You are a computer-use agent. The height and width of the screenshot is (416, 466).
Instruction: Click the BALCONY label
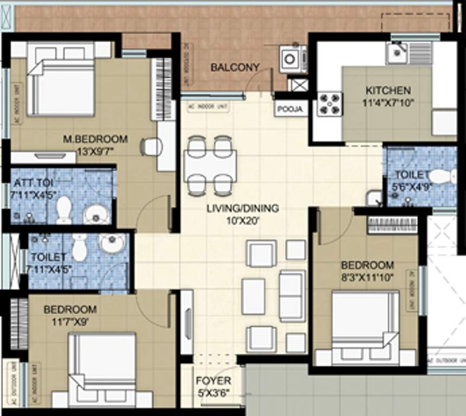235,68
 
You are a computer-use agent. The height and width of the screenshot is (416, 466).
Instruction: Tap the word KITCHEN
388,90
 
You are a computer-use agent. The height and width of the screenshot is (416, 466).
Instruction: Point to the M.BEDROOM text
95,139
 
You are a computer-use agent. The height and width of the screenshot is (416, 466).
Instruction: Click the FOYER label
213,381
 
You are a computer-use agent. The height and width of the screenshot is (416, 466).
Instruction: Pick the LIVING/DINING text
242,208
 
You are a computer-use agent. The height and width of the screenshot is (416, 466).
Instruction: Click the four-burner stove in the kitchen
329,103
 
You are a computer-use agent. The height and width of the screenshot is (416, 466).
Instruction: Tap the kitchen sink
399,53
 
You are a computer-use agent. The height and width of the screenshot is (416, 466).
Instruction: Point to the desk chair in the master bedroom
151,146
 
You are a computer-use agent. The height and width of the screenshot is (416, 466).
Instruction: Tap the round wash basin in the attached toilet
95,212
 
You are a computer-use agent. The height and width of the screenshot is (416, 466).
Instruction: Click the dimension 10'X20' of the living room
242,220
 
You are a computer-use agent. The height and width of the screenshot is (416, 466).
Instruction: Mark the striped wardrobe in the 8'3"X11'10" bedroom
392,225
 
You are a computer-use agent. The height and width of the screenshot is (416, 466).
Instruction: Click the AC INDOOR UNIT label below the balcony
206,106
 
